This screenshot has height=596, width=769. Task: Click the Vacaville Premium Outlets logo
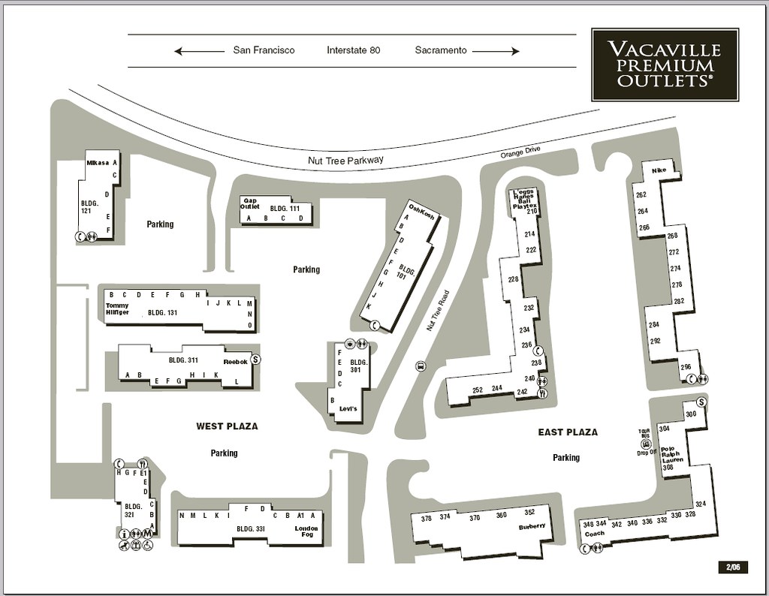coord(665,65)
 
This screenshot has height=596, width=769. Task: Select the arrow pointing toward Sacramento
coord(496,51)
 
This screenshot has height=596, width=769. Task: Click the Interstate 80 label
coord(354,50)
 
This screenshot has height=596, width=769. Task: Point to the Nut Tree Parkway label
coord(345,160)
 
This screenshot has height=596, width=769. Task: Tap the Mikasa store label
coord(98,162)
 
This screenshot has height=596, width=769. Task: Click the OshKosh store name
coord(422,211)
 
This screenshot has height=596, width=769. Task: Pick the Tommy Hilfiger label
coord(118,309)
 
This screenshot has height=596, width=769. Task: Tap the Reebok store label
coord(235,361)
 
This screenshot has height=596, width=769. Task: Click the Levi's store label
coord(348,409)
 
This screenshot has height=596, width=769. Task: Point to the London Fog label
coord(306,532)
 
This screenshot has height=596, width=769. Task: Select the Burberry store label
coord(532,526)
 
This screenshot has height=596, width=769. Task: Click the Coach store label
coord(594,534)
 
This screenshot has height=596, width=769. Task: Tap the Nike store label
coord(659,170)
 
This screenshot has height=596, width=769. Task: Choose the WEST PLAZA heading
coord(227,426)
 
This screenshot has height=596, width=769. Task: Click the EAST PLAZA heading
coord(568,432)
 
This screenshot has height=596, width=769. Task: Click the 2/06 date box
coord(732,567)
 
